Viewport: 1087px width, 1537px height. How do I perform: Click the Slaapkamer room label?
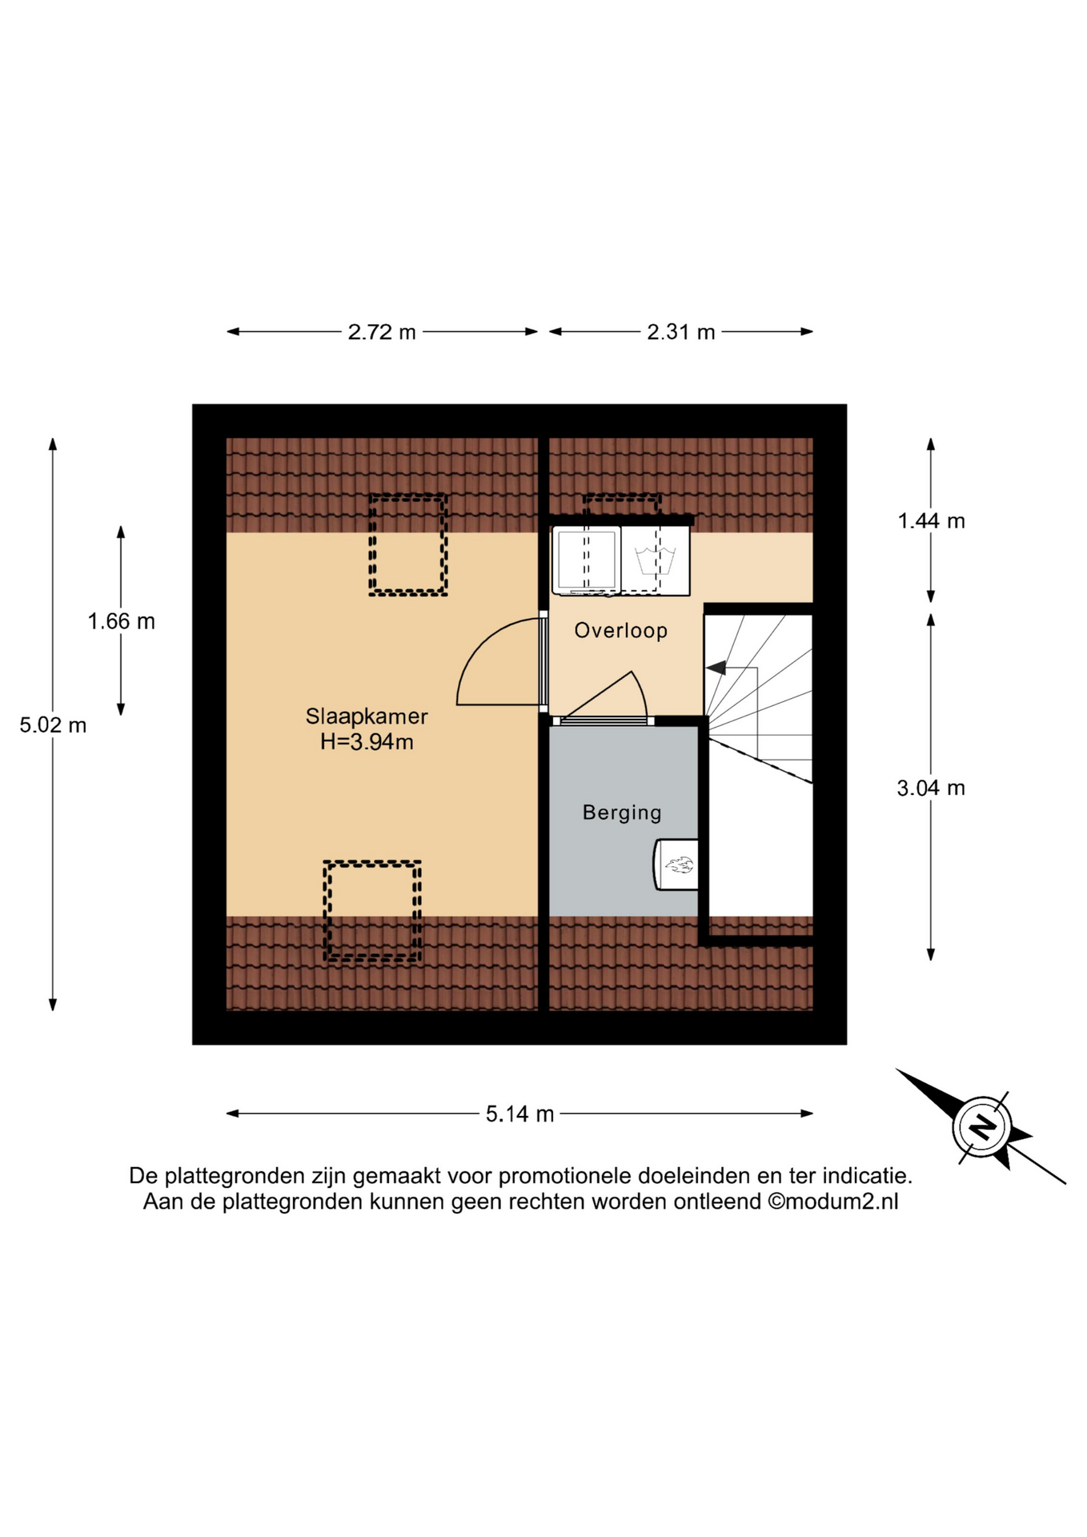(367, 716)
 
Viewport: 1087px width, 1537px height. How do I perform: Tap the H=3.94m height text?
(367, 742)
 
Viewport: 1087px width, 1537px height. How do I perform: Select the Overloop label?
(621, 631)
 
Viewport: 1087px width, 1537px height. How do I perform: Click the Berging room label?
(622, 813)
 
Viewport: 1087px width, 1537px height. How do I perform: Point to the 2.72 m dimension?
(382, 332)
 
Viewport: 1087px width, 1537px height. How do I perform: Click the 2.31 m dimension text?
(681, 332)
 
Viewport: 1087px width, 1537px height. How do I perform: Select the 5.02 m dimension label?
(53, 725)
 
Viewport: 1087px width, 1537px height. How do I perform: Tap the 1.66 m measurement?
(121, 621)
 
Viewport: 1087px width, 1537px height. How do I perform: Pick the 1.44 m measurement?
(931, 521)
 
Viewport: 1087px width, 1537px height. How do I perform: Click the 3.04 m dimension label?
(931, 789)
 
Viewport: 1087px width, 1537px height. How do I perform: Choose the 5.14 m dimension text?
(519, 1114)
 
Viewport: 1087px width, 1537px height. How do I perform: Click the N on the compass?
(981, 1127)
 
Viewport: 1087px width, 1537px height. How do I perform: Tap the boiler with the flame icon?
(676, 865)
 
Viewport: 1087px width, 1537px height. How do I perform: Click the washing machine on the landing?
(587, 560)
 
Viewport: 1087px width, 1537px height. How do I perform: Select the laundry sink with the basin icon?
(656, 560)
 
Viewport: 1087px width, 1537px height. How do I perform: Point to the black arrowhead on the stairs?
(716, 667)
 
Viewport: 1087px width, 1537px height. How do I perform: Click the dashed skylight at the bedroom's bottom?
(372, 911)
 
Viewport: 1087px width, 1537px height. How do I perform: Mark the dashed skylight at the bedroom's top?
(408, 544)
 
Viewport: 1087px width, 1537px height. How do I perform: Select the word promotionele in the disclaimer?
(564, 1176)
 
